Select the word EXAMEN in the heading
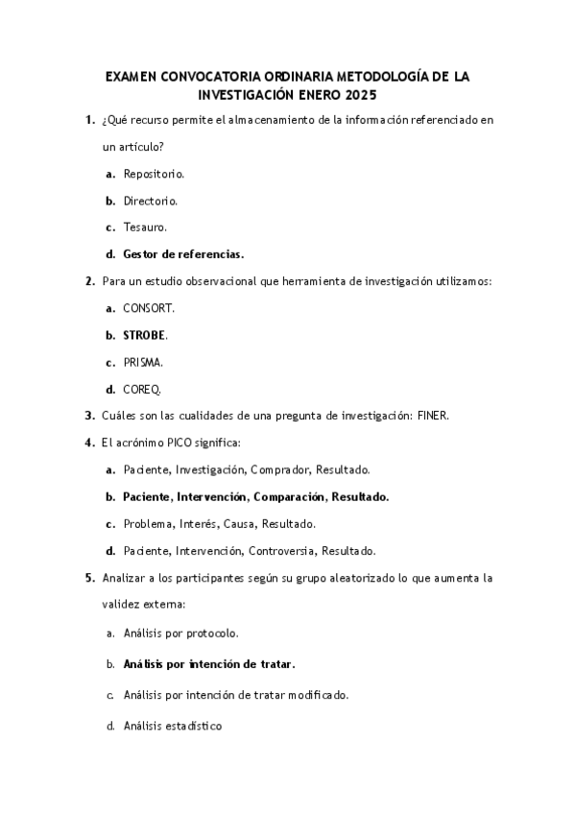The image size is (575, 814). coord(132,76)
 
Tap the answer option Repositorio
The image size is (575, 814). coord(154,174)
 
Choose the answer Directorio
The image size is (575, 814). coord(150,201)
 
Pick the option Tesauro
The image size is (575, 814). coord(145,227)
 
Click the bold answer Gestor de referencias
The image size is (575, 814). coord(183,254)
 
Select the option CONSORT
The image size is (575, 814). coord(149,308)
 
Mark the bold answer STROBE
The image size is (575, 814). coord(144,335)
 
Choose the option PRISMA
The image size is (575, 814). coord(143,362)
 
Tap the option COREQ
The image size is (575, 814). coord(142,389)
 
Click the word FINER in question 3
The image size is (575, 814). coord(431,416)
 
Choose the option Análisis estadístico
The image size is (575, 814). coord(173,726)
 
